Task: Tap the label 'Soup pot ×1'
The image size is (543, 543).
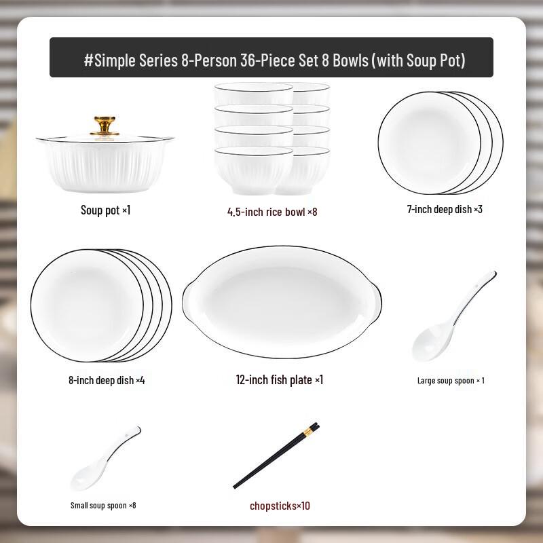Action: point(105,210)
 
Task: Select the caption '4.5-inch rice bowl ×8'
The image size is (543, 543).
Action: point(271,212)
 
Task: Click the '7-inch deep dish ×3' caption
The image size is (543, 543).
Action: point(445,210)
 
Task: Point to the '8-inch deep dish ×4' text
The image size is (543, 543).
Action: point(107,381)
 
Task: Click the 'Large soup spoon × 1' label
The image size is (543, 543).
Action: point(451,381)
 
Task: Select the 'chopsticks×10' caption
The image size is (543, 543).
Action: point(280,506)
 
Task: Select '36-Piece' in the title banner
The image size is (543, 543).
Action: point(268,60)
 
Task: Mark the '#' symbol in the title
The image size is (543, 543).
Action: point(88,60)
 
